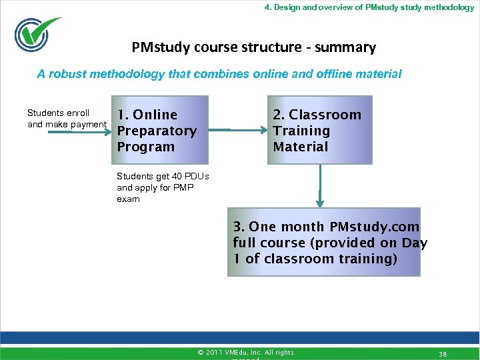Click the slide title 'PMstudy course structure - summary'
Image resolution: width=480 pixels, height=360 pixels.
click(253, 47)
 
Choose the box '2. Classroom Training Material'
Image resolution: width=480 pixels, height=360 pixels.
click(321, 130)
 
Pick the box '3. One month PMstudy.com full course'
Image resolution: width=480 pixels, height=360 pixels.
click(324, 243)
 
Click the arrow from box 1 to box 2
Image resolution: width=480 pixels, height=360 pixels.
click(229, 130)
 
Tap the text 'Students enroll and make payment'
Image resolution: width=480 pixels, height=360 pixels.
click(66, 119)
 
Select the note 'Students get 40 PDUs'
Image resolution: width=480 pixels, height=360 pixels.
click(163, 177)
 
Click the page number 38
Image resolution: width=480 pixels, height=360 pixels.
click(443, 353)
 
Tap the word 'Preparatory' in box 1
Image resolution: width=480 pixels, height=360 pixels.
click(157, 131)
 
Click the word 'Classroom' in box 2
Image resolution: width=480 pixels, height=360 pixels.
click(325, 115)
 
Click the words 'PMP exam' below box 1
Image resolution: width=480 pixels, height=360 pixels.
click(155, 193)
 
